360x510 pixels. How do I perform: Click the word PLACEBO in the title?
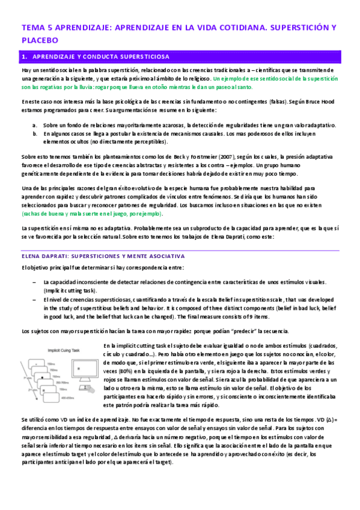(x=40, y=40)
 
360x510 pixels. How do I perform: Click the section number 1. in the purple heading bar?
(x=25, y=57)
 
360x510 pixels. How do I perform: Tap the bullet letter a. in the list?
(x=35, y=125)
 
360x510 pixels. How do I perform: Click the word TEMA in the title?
(x=31, y=28)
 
